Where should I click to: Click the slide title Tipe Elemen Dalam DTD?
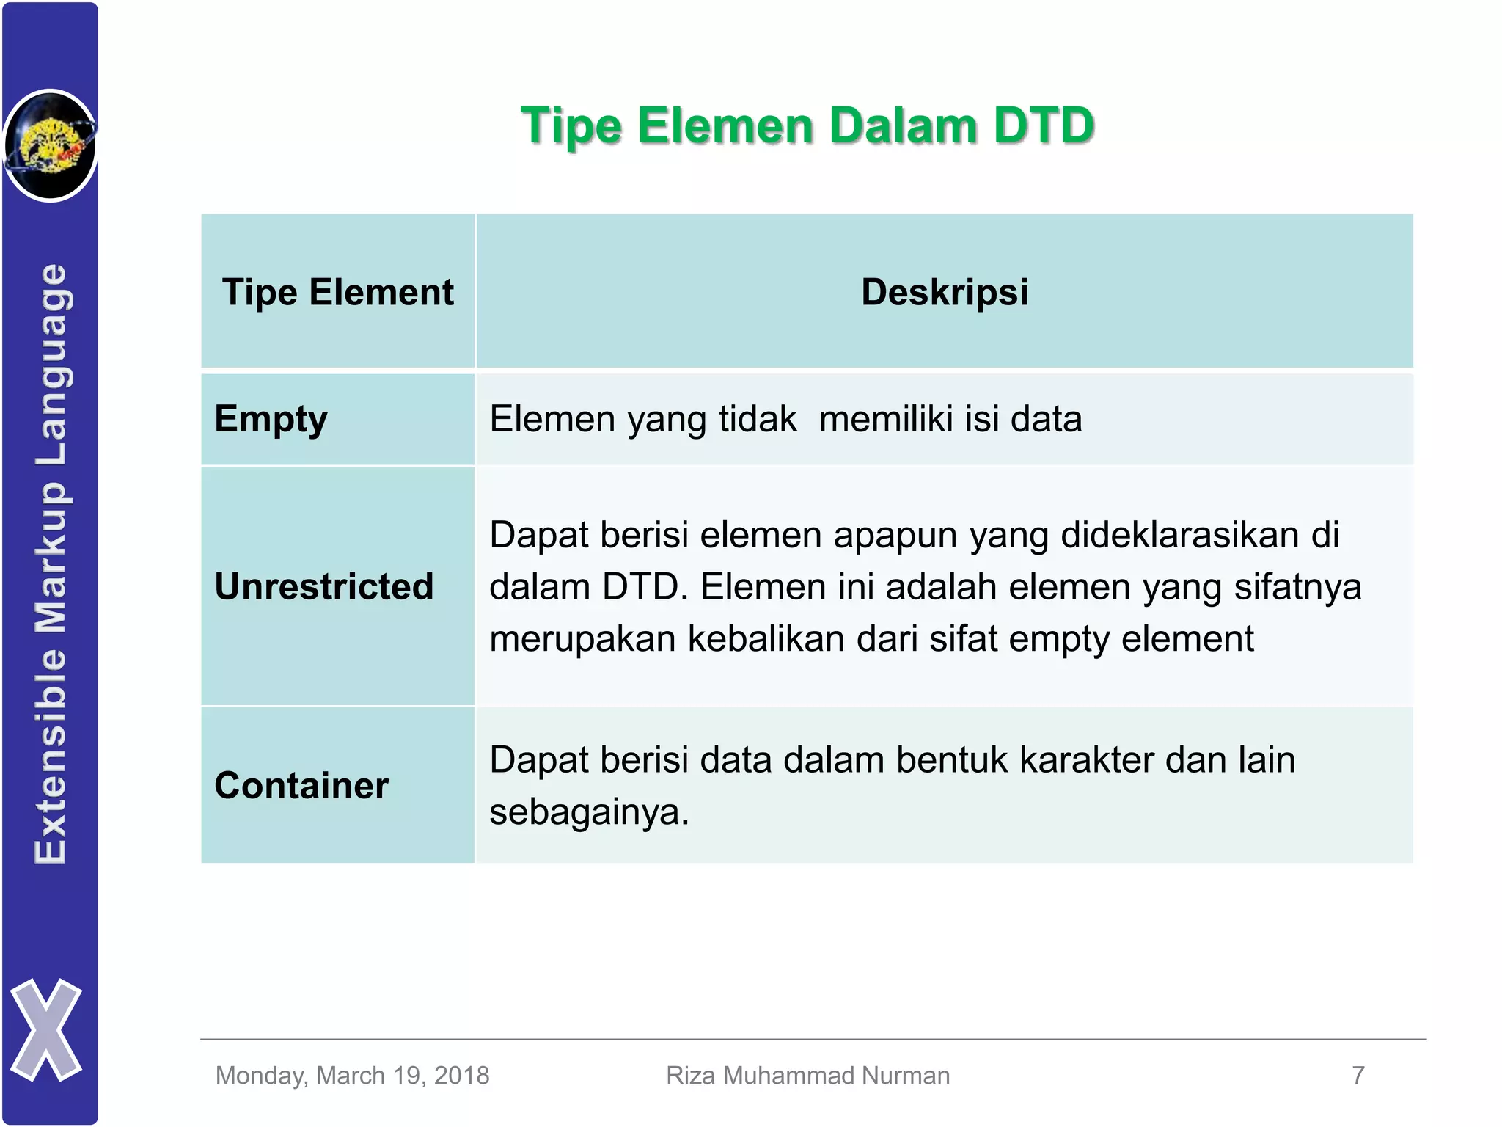tap(807, 125)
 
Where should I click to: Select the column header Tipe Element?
tap(338, 292)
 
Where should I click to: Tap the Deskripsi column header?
tap(945, 292)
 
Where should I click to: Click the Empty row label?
tap(271, 420)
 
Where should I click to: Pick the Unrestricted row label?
tap(324, 586)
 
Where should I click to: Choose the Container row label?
tap(301, 785)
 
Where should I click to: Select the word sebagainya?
tap(589, 812)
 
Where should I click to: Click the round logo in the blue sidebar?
tap(50, 145)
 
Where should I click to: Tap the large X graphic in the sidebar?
tap(46, 1030)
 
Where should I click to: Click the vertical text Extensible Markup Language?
tap(51, 563)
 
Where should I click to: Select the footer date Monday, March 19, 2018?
tap(352, 1076)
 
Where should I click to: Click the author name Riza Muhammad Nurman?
tap(807, 1076)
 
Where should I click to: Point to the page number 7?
tap(1358, 1076)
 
